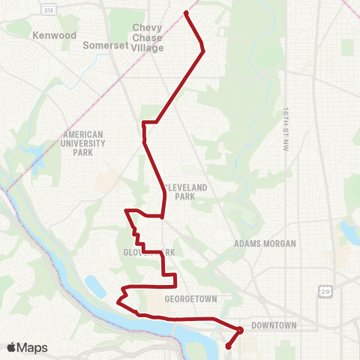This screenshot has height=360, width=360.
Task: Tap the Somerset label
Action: pos(104,45)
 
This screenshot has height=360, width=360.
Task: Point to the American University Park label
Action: pos(83,143)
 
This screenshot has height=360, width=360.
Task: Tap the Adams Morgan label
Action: pos(265,244)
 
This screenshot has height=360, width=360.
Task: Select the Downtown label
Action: pos(274,325)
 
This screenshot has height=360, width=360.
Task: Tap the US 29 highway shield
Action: pos(325,289)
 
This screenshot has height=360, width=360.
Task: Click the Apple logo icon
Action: pos(12,347)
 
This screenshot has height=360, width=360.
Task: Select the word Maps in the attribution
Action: pos(32,347)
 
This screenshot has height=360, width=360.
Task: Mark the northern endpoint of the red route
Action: pos(186,13)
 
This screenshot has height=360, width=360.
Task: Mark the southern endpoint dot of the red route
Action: pos(227,346)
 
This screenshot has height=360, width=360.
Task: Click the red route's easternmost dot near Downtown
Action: pos(240,330)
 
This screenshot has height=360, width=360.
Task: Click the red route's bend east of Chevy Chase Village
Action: pos(202,51)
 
